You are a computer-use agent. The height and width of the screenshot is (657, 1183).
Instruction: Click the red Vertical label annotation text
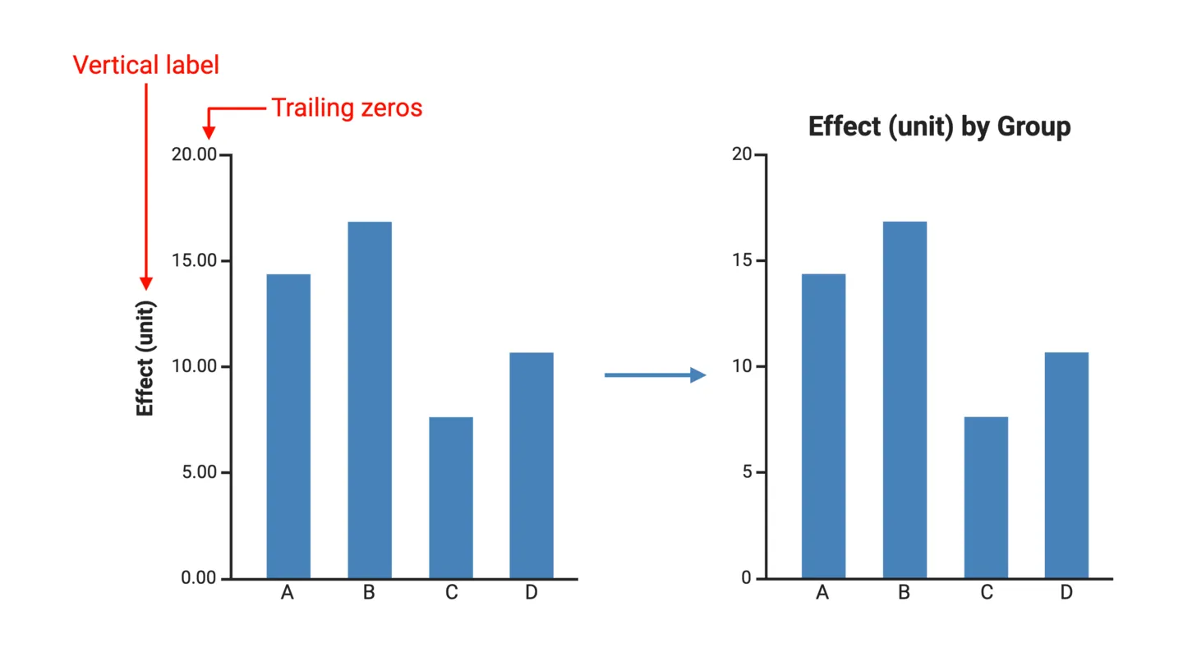point(146,65)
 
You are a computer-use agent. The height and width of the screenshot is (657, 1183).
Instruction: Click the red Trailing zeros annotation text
point(347,108)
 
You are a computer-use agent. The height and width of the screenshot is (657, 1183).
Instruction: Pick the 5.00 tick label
point(198,472)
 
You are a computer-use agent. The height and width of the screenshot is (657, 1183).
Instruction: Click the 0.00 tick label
point(198,578)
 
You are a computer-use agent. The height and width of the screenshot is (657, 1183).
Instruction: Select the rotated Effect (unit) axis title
point(145,358)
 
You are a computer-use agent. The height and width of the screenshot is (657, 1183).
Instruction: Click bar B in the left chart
point(369,400)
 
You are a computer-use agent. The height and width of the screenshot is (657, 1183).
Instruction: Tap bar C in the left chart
point(450,498)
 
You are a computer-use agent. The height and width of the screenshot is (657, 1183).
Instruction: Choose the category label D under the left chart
point(531,592)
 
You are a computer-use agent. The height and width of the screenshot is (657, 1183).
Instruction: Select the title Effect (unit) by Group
point(939,127)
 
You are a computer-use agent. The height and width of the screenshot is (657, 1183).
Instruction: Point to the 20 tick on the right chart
point(742,155)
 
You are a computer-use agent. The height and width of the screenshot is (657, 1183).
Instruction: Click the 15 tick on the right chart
point(742,261)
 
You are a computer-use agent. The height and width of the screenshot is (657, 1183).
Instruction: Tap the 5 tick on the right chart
point(746,472)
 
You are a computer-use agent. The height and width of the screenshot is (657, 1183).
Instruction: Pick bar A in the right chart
point(823,426)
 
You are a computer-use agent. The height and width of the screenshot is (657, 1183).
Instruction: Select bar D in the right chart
point(1066,466)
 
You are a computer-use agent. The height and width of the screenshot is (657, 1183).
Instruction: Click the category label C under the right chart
point(986,592)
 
